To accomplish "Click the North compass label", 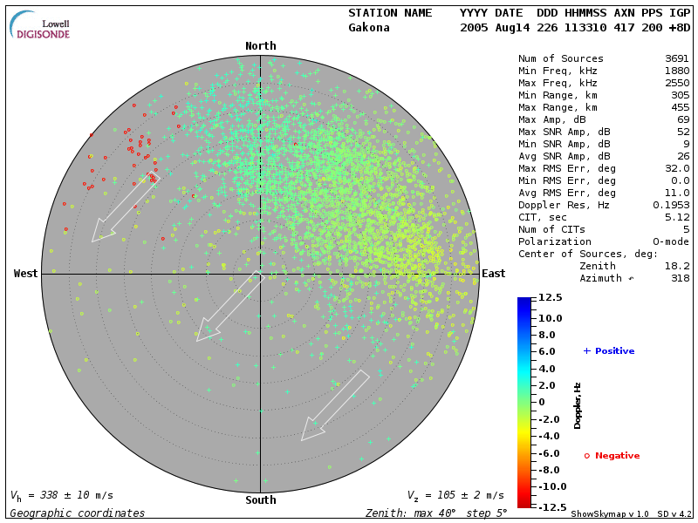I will click(260, 46).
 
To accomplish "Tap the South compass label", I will click(260, 500).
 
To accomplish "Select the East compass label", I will click(493, 274).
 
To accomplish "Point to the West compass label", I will click(26, 274).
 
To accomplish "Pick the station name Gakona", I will click(369, 28).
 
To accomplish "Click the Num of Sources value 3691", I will click(677, 59).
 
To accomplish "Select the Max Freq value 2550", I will click(677, 84).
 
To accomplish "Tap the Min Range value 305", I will click(681, 96).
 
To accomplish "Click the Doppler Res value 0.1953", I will click(672, 205).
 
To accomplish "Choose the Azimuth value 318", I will click(681, 278).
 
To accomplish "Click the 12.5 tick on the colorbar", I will click(550, 298).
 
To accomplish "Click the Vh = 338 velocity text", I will click(61, 495).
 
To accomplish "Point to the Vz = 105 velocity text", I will click(455, 495).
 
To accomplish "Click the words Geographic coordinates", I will click(78, 513).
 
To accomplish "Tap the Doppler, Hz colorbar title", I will click(578, 405).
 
